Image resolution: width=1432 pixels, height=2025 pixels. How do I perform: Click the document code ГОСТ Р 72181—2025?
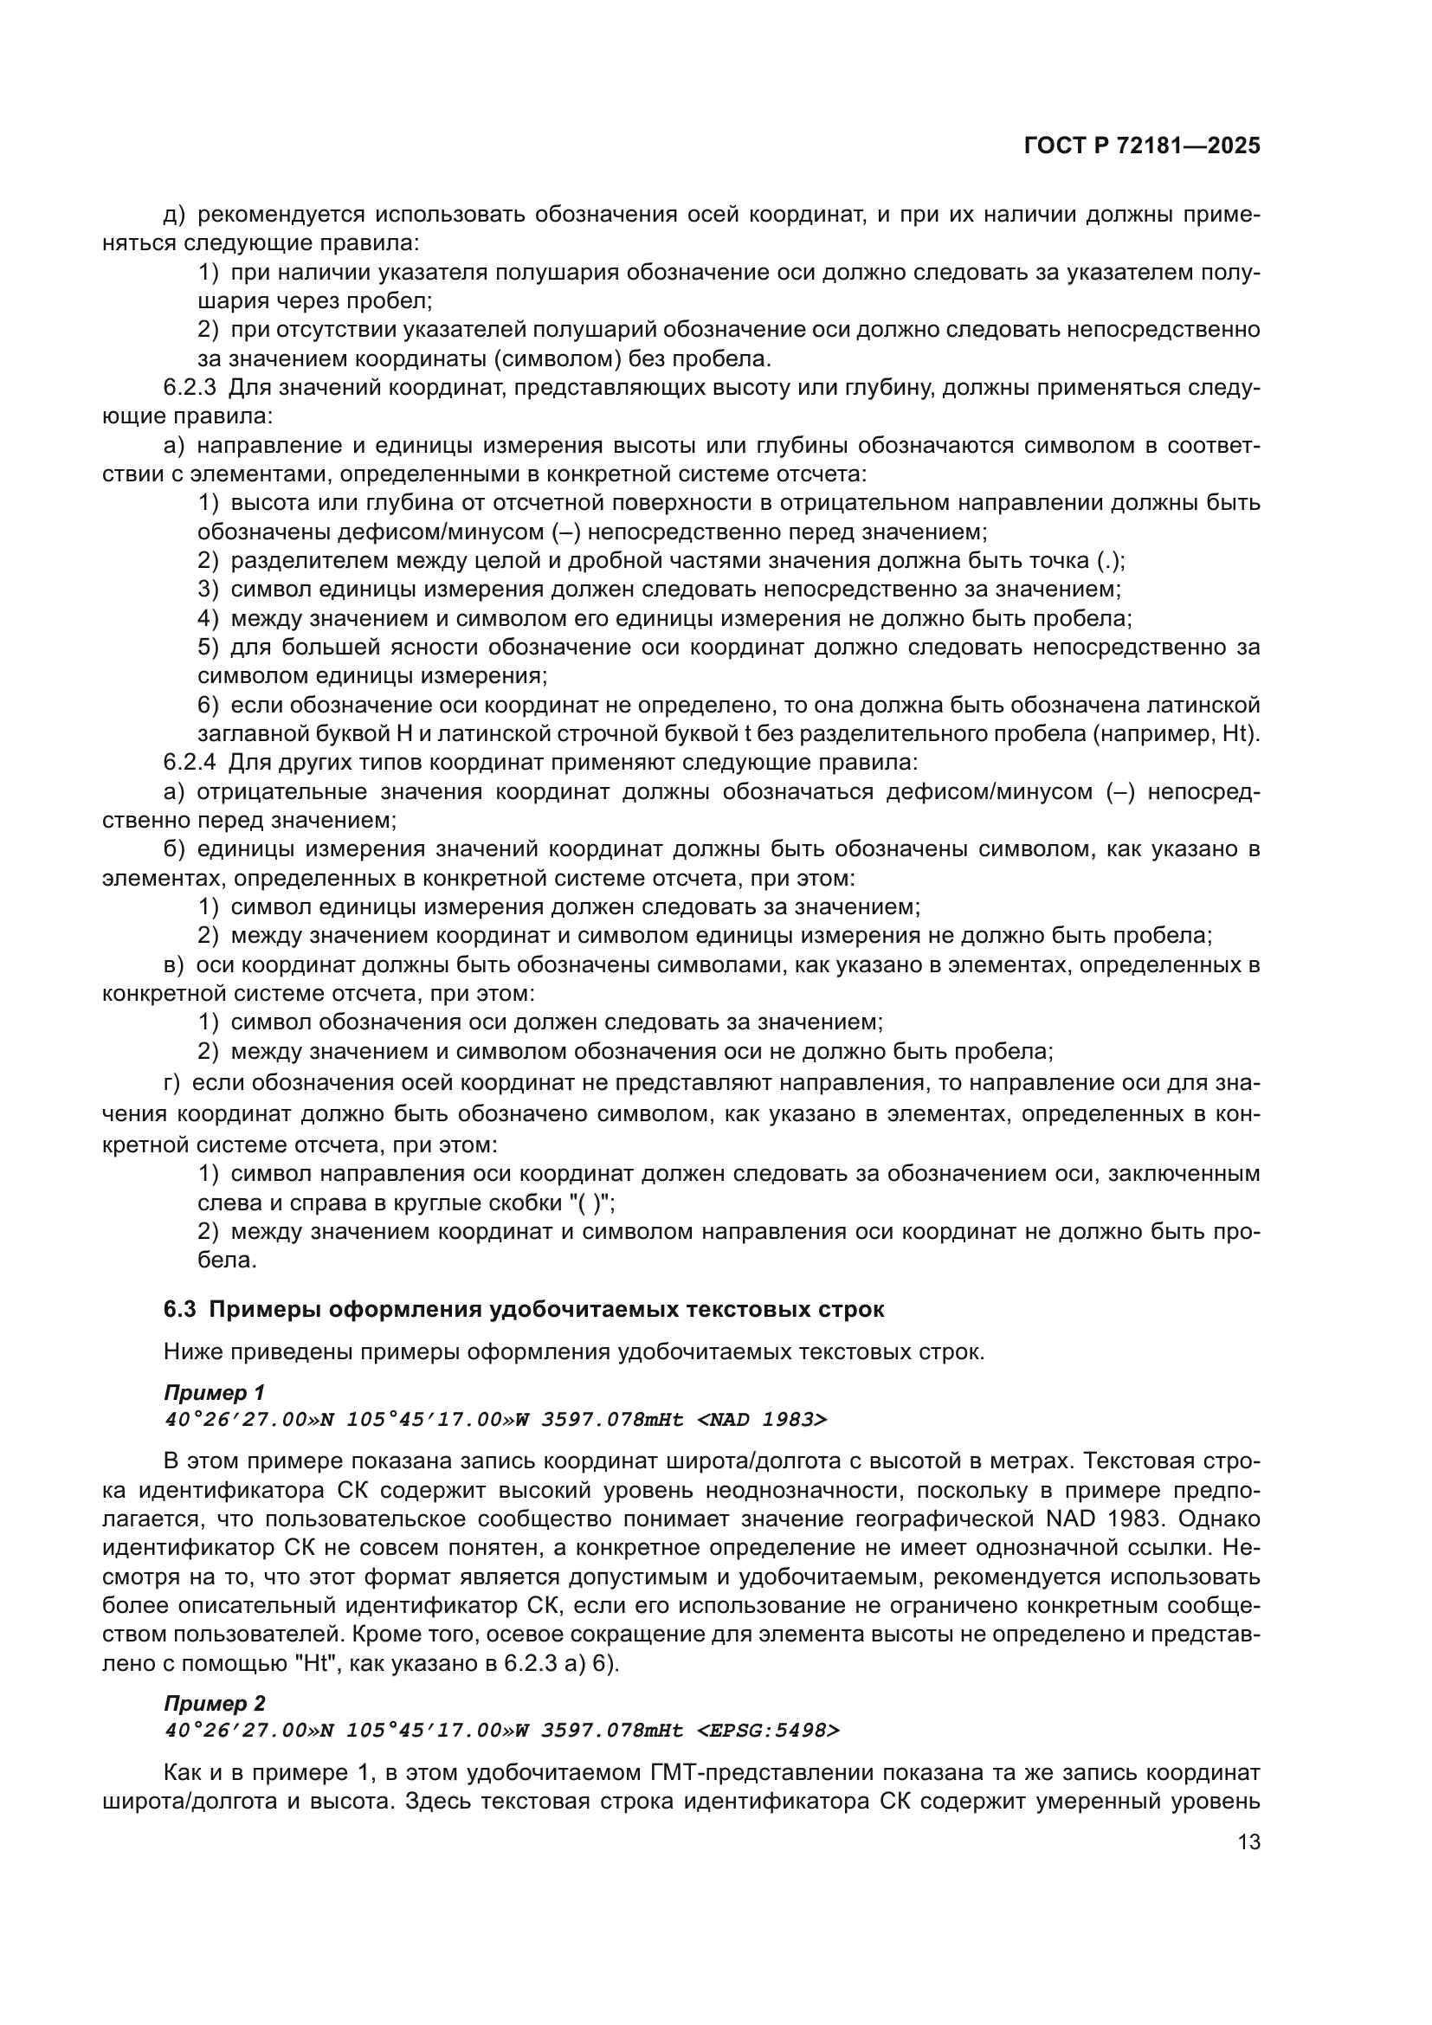(x=1142, y=146)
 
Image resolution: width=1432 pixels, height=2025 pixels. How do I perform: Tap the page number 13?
(x=1248, y=1842)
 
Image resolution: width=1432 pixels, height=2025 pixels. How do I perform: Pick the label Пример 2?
(x=214, y=1728)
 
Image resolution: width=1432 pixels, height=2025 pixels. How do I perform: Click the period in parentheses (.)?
(x=1110, y=561)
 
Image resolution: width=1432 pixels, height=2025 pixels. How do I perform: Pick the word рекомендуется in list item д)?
(x=282, y=215)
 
